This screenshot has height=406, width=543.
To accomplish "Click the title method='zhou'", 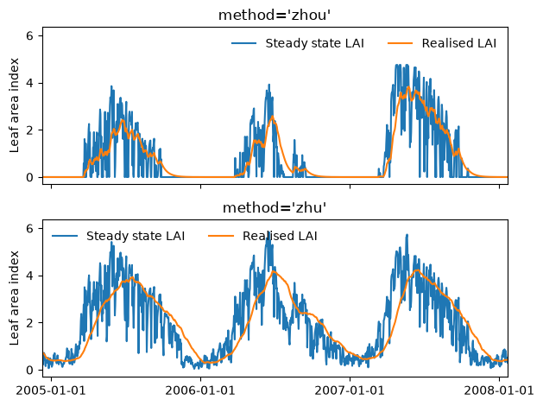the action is tap(275, 16).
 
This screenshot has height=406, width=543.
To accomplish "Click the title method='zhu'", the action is tap(275, 208).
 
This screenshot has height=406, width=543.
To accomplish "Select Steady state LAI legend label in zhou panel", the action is tap(314, 43).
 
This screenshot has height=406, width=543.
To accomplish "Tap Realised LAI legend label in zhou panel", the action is tap(459, 43).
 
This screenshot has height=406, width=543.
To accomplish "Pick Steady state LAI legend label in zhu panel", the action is tap(136, 236).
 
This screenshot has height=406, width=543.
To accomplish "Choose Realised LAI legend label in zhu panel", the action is tap(280, 236).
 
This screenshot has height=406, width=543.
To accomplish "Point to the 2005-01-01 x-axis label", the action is tap(51, 390).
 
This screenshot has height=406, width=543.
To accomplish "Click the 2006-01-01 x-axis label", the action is tap(200, 390).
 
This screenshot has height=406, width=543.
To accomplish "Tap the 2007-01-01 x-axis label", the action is tap(350, 390).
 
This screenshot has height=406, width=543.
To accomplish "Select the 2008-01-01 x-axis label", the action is tap(499, 390).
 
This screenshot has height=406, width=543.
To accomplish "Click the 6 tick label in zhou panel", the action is tap(29, 35).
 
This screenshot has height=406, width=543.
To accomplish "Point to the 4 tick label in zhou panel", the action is tap(29, 83).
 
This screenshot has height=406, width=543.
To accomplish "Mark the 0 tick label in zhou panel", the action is tap(29, 177).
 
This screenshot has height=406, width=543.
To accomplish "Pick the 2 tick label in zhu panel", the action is tap(29, 323).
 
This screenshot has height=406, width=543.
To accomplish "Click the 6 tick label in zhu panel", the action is tap(29, 229).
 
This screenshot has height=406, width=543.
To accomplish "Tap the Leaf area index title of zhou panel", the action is tap(14, 105).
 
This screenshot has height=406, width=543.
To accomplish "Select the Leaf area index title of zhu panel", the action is tap(14, 298).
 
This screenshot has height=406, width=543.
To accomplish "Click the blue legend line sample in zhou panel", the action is tap(243, 43).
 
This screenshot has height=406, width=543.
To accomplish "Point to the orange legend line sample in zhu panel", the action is tap(221, 236).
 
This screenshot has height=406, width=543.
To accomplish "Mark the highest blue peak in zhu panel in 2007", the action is tap(407, 235).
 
